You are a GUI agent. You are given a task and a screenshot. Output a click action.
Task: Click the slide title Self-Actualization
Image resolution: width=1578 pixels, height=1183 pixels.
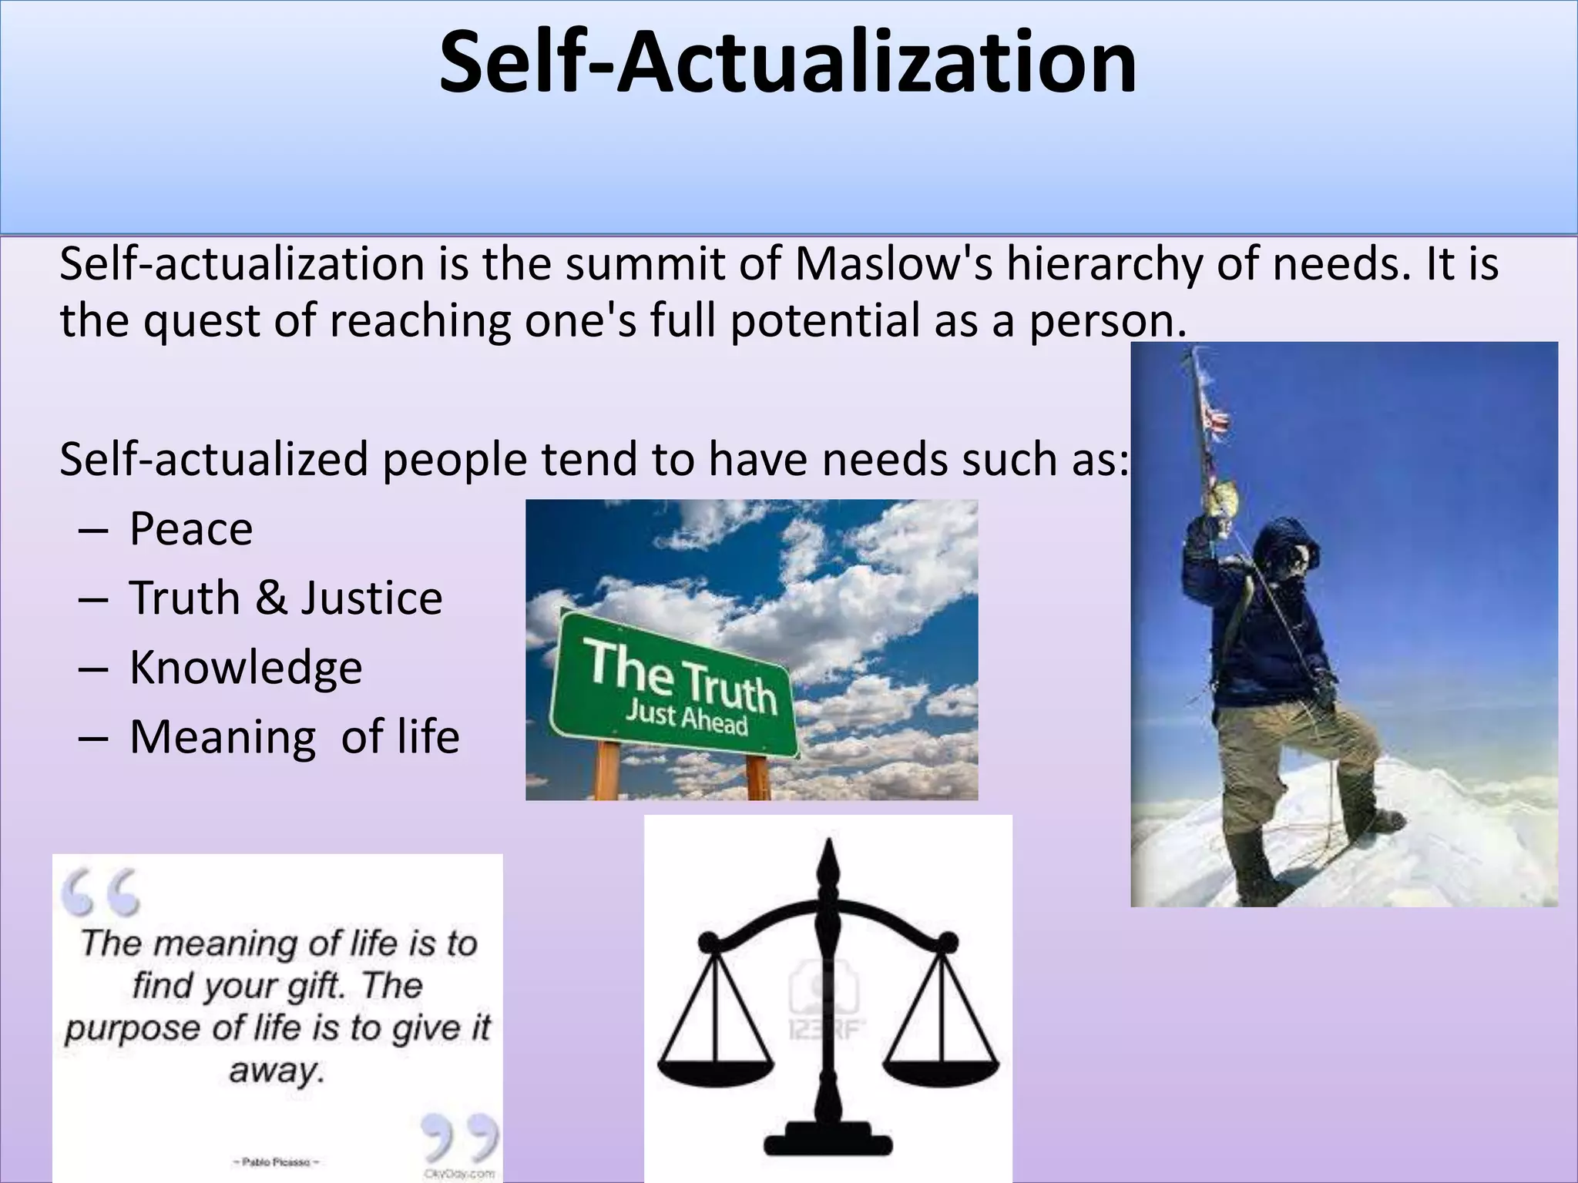coord(787,63)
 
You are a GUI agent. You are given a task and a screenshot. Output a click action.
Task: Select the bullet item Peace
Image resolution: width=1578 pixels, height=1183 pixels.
coord(190,529)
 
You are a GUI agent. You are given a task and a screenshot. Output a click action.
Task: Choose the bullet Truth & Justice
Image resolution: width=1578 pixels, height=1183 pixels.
coord(285,598)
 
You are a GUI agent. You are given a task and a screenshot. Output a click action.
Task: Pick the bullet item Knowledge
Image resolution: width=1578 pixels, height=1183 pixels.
coord(245,668)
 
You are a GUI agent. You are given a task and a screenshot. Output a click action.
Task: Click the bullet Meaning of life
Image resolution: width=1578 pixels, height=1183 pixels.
coord(294,737)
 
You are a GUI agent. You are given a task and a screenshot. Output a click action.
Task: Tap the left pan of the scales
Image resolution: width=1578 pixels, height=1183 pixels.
coord(716,1071)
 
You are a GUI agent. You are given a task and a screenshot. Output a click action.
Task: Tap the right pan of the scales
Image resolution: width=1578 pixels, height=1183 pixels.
coord(941,1071)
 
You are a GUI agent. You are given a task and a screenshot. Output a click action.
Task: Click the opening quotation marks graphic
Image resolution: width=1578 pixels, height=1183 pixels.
coord(101,892)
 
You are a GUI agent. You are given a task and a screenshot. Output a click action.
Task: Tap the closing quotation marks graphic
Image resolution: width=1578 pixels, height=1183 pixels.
coord(458,1135)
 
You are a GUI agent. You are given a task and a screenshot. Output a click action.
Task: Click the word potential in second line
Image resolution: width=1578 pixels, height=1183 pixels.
coord(824,321)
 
